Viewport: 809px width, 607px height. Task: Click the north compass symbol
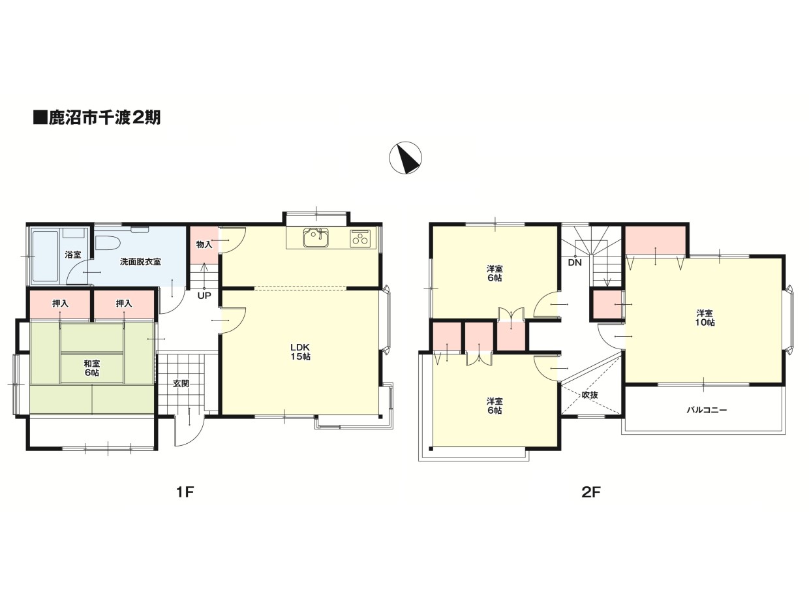405,157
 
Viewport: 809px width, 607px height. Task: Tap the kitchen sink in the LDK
316,238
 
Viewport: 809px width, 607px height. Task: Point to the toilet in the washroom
107,243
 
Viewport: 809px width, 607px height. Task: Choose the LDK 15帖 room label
300,352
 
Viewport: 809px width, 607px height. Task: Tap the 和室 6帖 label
91,368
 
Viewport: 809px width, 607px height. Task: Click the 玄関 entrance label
181,383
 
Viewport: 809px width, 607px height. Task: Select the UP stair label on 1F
204,295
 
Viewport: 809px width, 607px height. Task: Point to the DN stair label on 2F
575,262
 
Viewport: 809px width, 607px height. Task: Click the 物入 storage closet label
204,244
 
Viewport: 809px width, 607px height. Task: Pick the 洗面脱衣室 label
140,261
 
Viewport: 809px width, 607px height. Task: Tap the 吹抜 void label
590,395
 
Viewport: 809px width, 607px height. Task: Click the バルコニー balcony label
707,410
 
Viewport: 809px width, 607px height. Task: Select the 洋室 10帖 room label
705,318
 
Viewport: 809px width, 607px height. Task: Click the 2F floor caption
591,492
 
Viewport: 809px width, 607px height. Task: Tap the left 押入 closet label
60,303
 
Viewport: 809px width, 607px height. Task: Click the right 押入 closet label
124,303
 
